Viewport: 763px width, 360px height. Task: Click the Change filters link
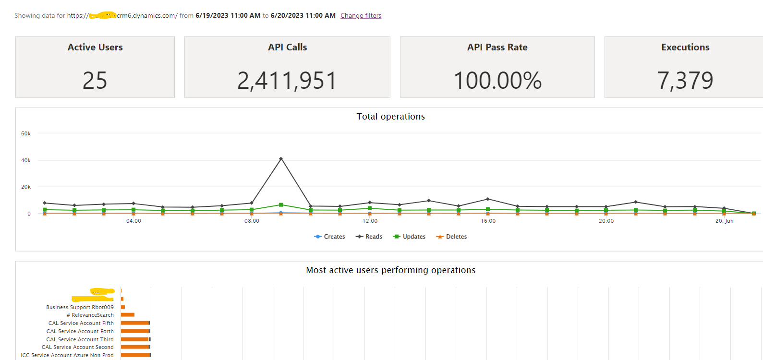tap(361, 15)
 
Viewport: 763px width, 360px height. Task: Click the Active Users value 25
tap(95, 80)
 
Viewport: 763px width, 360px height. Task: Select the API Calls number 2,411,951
tap(287, 80)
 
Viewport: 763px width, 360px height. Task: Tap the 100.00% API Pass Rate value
tap(497, 80)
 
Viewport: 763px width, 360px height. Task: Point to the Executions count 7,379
tap(685, 80)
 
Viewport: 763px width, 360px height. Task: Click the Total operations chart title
tap(390, 117)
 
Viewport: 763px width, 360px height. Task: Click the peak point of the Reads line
tap(281, 158)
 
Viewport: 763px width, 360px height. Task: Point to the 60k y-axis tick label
tap(26, 133)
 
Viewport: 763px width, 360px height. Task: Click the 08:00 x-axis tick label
tap(252, 221)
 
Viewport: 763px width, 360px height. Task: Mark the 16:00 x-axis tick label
tap(488, 221)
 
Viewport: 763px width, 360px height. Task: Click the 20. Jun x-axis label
tap(724, 221)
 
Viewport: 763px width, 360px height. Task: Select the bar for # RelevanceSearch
tap(128, 315)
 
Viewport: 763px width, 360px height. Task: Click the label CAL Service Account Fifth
tap(81, 323)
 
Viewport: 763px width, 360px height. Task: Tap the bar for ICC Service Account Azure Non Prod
tap(135, 355)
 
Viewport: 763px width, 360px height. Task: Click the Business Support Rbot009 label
tap(80, 307)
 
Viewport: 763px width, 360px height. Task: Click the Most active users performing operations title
tap(390, 270)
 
